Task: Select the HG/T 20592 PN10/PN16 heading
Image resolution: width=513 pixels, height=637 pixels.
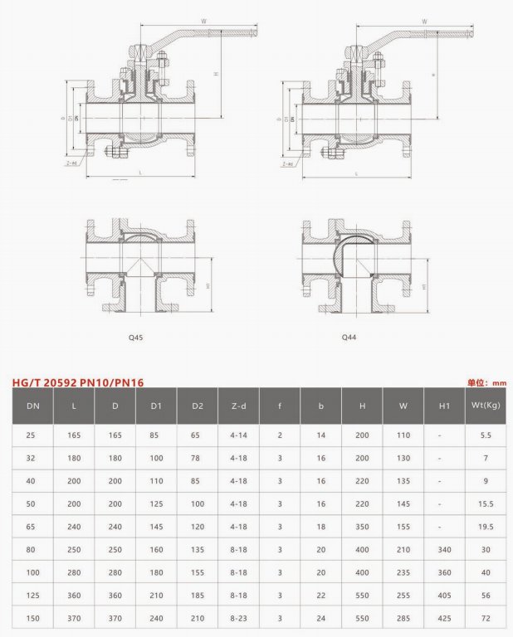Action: (x=78, y=382)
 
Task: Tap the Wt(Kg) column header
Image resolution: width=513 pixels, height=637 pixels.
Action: (x=486, y=406)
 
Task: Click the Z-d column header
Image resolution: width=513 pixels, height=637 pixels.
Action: (x=238, y=406)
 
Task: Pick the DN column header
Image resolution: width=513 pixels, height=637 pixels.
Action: (x=32, y=406)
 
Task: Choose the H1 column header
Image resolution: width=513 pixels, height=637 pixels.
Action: (x=444, y=406)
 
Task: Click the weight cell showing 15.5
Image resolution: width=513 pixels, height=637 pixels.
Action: (x=486, y=503)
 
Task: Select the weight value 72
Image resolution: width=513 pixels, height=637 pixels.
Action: (x=486, y=619)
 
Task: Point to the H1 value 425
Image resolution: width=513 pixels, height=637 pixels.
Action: (x=444, y=619)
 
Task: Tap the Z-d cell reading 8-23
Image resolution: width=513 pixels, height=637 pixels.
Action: (x=238, y=619)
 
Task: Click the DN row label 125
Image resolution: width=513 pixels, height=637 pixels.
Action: (x=32, y=596)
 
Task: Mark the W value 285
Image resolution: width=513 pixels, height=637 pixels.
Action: (x=403, y=619)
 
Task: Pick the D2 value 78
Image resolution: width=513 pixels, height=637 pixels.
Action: (x=197, y=458)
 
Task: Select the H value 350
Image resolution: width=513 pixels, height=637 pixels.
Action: (x=362, y=527)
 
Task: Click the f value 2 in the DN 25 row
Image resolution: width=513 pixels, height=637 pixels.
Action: (x=280, y=435)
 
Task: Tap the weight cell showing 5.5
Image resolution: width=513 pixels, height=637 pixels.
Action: (x=486, y=435)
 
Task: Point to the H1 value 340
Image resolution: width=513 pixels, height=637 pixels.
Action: (x=444, y=550)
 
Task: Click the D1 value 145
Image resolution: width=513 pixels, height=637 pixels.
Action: (x=156, y=527)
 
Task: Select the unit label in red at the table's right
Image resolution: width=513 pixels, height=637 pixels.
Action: (x=486, y=382)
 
